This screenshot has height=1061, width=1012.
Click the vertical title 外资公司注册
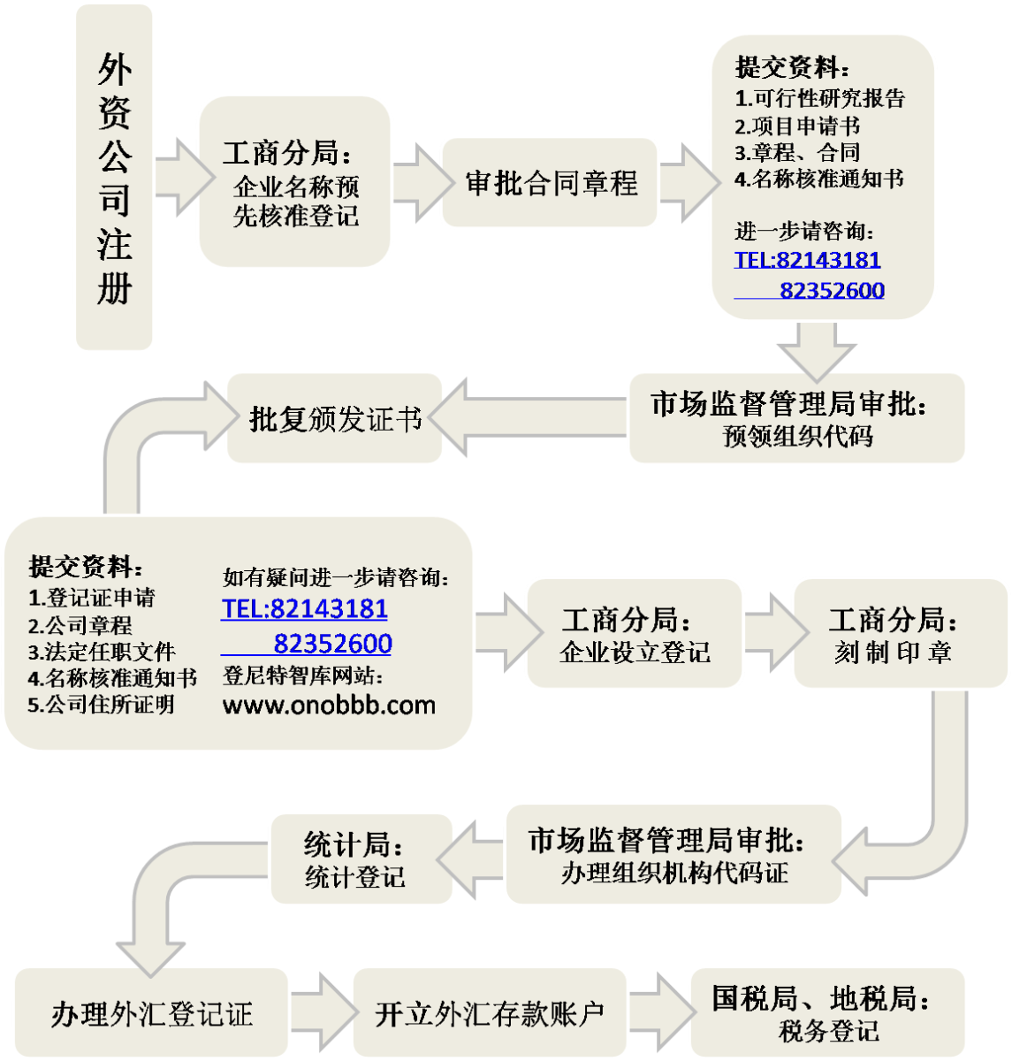point(114,177)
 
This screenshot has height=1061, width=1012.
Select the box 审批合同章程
point(549,182)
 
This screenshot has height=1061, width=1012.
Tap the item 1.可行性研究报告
point(819,98)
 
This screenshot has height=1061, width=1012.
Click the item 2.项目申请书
point(796,126)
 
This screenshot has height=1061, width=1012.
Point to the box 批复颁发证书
point(334,418)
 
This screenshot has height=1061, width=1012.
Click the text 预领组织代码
point(797,437)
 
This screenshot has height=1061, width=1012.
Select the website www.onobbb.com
point(329,706)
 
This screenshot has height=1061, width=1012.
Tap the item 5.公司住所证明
point(101,705)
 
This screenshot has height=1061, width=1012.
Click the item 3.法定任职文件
point(102,652)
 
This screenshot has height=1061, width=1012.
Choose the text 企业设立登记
point(635,652)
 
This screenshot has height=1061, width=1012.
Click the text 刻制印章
point(893,652)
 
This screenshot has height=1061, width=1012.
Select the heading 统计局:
point(353,844)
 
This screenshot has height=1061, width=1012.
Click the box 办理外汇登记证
point(151,1012)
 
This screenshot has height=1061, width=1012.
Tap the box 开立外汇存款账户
point(490,1012)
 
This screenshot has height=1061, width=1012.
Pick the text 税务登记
point(828,1030)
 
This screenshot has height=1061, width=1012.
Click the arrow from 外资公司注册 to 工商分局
point(185,177)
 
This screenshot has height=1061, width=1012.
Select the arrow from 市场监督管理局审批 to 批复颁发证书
point(527,417)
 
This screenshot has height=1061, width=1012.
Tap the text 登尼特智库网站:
point(302,676)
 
